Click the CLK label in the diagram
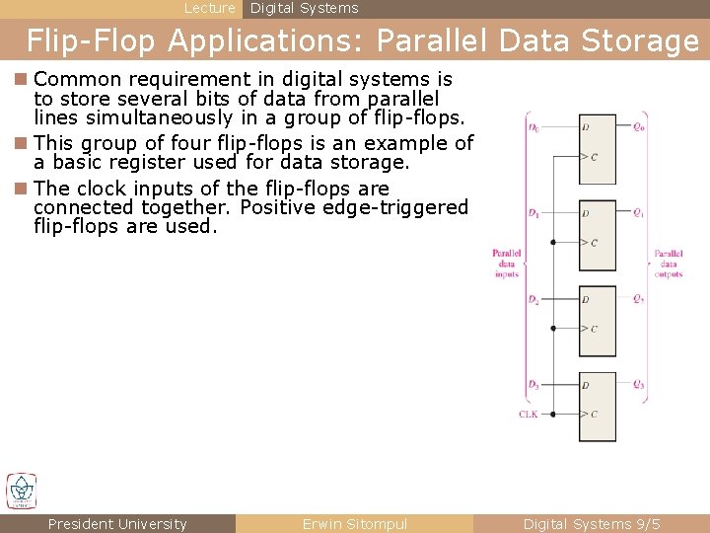pyautogui.click(x=529, y=415)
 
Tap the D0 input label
pyautogui.click(x=532, y=126)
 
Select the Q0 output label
pyautogui.click(x=640, y=126)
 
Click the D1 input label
pyautogui.click(x=532, y=212)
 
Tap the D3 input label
pyautogui.click(x=532, y=384)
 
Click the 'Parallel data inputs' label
pyautogui.click(x=506, y=264)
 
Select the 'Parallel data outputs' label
pyautogui.click(x=669, y=264)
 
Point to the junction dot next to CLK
pyautogui.click(x=552, y=415)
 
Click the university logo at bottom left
pyautogui.click(x=22, y=491)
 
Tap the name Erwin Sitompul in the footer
pyautogui.click(x=355, y=524)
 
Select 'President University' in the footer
pyautogui.click(x=117, y=524)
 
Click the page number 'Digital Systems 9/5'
pyautogui.click(x=592, y=524)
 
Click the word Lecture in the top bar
pyautogui.click(x=210, y=8)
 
